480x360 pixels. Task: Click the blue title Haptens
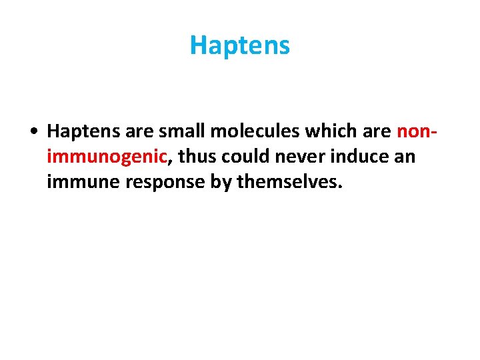pyautogui.click(x=240, y=45)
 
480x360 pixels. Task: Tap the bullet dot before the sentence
pyautogui.click(x=33, y=132)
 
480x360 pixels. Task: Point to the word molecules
pyautogui.click(x=238, y=132)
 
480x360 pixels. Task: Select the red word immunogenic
pyautogui.click(x=106, y=157)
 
